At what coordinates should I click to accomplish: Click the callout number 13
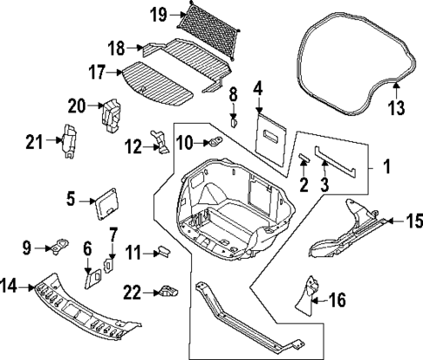pos(397,107)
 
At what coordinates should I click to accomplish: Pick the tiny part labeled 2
pos(304,159)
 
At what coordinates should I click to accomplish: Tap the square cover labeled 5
pos(107,200)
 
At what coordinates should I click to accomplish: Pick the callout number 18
pos(118,47)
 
